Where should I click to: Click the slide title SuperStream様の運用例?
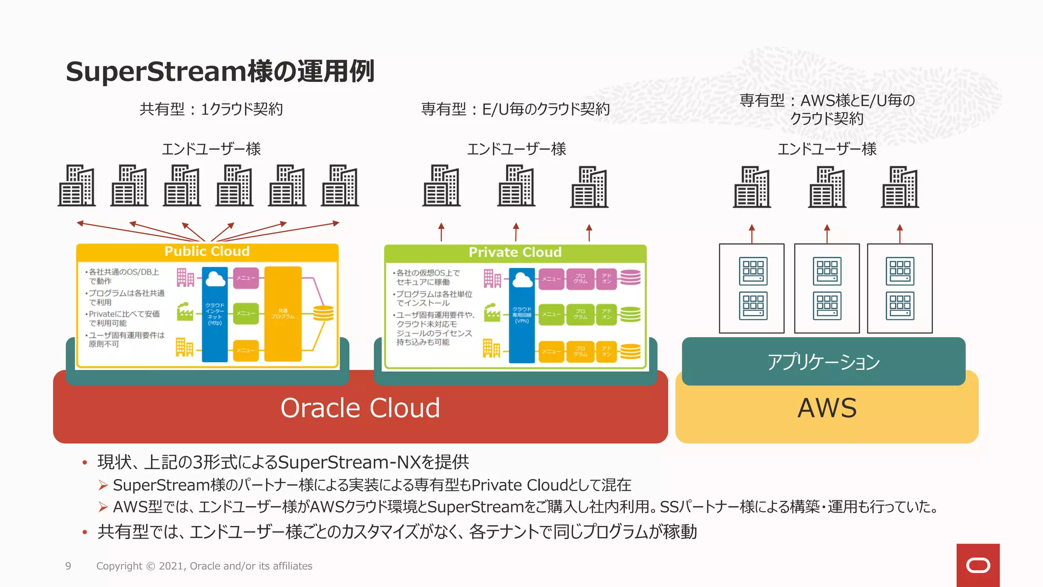220,71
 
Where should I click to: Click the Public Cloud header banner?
207,252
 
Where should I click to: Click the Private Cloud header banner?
515,253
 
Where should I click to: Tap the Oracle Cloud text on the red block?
360,408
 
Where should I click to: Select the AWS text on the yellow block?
827,408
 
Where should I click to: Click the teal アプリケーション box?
824,362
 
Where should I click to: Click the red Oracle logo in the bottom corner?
978,565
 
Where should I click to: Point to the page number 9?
68,566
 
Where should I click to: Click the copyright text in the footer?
204,566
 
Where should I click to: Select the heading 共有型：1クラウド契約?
211,109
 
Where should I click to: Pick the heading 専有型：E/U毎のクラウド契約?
515,109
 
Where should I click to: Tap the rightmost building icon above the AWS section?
900,187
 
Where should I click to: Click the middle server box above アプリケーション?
827,288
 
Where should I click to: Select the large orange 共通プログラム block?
283,313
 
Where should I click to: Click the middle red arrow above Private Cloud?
516,232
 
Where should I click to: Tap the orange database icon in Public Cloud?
323,313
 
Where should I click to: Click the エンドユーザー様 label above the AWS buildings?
827,149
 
